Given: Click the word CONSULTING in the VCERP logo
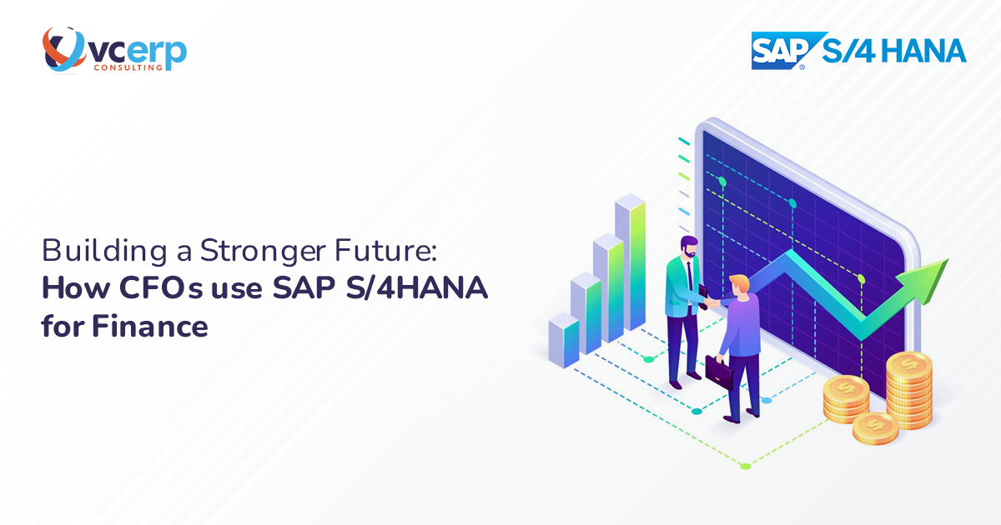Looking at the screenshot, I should click(124, 67).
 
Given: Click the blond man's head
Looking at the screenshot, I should click(739, 284).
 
